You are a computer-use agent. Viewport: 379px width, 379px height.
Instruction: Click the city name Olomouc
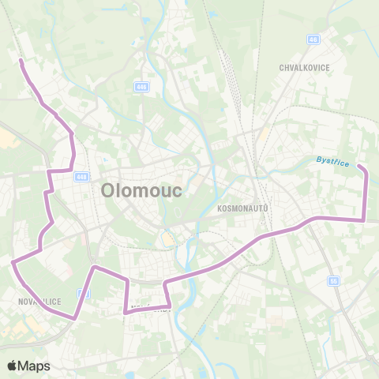click(142, 191)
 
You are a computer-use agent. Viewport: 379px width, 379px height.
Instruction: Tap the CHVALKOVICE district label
click(303, 68)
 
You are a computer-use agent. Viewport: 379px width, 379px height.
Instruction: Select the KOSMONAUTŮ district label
click(242, 208)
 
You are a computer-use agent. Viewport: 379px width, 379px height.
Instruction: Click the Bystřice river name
click(332, 160)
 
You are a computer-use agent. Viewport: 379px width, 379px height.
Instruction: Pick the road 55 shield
click(334, 280)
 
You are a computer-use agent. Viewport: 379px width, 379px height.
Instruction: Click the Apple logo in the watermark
click(13, 366)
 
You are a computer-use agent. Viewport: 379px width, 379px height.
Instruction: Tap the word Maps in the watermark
click(35, 366)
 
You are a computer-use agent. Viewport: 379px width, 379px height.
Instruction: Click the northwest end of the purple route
click(21, 60)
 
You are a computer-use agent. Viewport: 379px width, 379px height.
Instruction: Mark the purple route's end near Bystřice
click(358, 167)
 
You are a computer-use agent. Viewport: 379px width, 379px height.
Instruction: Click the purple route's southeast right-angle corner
click(364, 220)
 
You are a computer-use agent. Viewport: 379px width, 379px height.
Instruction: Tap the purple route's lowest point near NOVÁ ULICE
click(74, 318)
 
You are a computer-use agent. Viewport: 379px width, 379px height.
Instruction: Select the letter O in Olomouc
click(109, 191)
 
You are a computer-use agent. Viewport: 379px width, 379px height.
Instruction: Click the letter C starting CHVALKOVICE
click(282, 68)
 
